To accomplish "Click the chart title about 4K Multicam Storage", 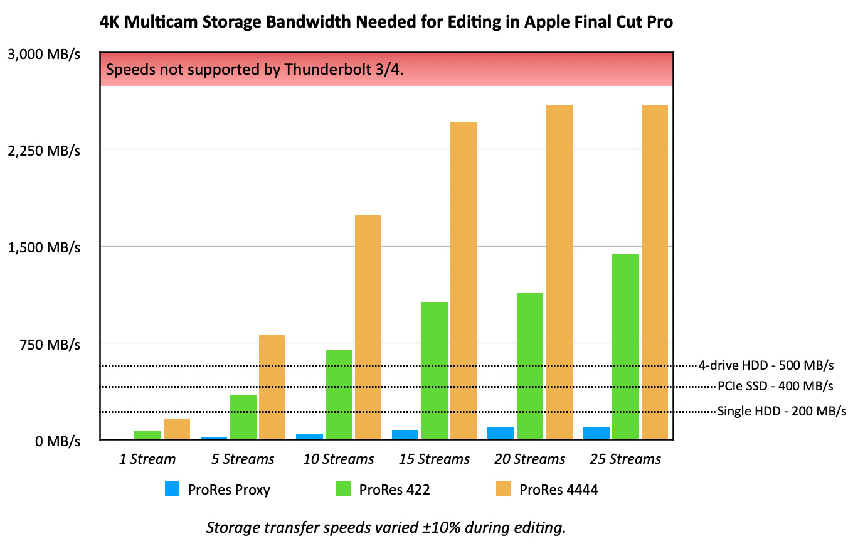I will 386,23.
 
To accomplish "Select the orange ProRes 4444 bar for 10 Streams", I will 368,327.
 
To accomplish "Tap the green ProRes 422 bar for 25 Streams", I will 625,346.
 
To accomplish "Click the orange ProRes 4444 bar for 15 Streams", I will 463,281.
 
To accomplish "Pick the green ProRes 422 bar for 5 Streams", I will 243,417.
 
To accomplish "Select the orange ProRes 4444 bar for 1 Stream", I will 177,429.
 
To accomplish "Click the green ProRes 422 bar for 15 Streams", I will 434,371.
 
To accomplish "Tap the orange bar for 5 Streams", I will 272,387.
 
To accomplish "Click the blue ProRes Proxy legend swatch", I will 172,489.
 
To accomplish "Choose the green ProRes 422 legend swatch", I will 343,489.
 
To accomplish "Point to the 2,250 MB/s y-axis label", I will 44,150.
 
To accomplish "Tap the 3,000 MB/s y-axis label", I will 44,54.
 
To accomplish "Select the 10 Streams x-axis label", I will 339,459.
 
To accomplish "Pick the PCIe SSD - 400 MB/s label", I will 775,385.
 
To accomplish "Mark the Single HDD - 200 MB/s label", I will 781,411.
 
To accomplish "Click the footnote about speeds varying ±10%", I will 386,528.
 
